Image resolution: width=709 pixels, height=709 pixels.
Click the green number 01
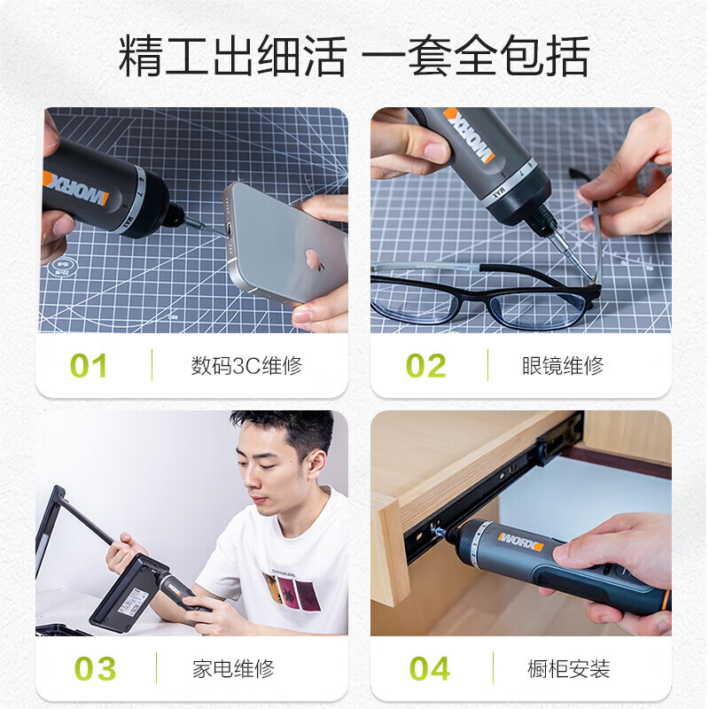[x=88, y=365]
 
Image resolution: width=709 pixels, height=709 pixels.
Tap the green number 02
[x=425, y=365]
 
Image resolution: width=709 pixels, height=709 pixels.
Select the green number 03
[x=95, y=668]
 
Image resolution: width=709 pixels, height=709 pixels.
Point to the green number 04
[x=429, y=668]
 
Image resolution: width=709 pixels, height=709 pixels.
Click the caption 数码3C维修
[x=246, y=366]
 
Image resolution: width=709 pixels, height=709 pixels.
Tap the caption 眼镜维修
[x=563, y=366]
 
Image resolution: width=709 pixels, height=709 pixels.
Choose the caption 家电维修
[x=233, y=669]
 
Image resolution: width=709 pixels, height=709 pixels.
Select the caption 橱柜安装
[x=568, y=669]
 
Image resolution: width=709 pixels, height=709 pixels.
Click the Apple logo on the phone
[x=314, y=260]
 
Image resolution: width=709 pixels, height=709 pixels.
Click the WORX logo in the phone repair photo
[x=76, y=188]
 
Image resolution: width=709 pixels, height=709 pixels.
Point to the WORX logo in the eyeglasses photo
[x=469, y=135]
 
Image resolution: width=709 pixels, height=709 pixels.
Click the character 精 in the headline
[x=141, y=56]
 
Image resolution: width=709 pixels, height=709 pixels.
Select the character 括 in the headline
[x=567, y=56]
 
